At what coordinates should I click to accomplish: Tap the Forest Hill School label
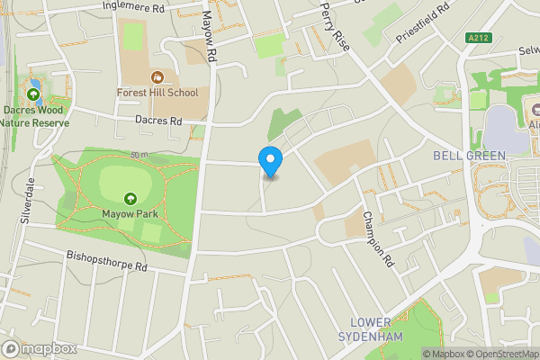163,92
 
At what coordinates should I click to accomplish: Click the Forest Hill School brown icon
158,77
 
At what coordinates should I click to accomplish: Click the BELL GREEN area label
469,156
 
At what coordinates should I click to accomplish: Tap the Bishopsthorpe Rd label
106,262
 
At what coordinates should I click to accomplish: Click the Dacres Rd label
158,121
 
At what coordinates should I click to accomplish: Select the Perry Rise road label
334,27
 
